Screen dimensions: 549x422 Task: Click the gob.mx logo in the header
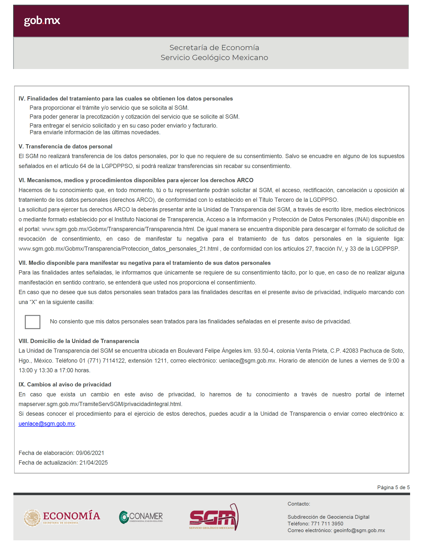coord(42,21)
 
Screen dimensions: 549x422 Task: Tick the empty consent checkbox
coord(32,322)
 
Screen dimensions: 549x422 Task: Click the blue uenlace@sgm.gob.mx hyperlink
coord(47,424)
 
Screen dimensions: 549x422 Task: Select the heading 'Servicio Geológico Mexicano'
coord(214,58)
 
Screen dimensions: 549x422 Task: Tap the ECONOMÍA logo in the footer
coord(62,517)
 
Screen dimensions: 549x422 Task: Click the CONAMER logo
coord(141,517)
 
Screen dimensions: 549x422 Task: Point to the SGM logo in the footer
coord(213,517)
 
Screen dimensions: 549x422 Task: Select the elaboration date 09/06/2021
coord(90,453)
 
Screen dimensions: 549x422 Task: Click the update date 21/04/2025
coord(93,463)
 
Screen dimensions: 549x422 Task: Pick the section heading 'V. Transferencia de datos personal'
coord(65,146)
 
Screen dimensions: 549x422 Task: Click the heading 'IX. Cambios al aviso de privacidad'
coord(65,384)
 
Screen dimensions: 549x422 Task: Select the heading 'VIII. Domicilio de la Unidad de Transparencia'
coord(79,341)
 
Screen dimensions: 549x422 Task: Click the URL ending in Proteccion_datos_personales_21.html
coord(118,249)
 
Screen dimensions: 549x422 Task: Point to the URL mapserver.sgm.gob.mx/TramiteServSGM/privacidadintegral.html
coord(100,404)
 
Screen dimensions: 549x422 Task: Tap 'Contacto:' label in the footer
coord(299,504)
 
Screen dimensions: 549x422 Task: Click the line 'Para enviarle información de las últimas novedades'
coord(95,132)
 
